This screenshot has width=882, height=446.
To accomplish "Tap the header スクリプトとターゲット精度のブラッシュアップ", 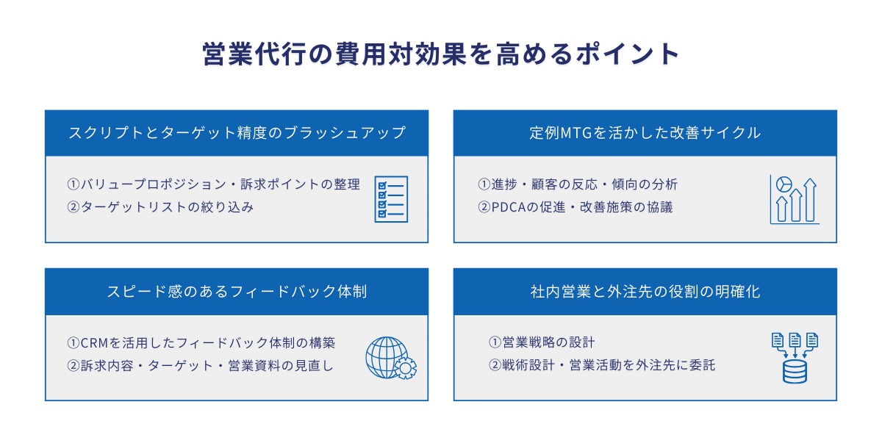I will tap(237, 133).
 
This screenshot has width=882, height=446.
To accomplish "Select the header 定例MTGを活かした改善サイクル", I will tap(645, 133).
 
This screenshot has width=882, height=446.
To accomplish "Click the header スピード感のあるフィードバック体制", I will tap(237, 291).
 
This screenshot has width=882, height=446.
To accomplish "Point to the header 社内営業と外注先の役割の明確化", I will tap(645, 291).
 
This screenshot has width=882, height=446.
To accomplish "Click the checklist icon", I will tap(391, 198).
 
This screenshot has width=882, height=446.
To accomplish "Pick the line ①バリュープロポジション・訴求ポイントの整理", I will tap(213, 184).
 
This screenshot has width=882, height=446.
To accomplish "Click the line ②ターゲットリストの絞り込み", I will tap(160, 207).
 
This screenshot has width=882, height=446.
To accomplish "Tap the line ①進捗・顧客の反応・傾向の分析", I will tap(578, 184).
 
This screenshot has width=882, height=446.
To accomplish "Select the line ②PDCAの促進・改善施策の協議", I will tap(575, 207).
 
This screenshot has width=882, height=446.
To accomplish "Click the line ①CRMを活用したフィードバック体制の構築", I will tap(201, 343).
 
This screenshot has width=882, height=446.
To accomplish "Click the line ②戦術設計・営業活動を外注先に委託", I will tap(602, 365).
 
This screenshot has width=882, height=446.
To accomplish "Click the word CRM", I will tap(94, 343).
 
